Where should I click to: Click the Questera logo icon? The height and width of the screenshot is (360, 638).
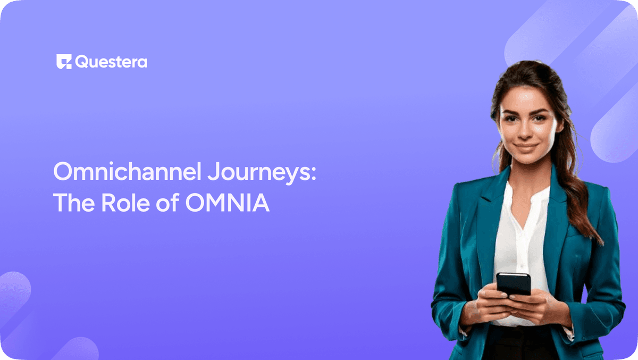point(64,62)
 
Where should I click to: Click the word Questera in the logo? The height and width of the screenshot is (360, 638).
point(111,62)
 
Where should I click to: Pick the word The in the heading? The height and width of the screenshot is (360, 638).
point(71,203)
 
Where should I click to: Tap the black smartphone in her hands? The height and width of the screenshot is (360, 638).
point(514,284)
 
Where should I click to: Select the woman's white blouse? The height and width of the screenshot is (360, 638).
point(518,234)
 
